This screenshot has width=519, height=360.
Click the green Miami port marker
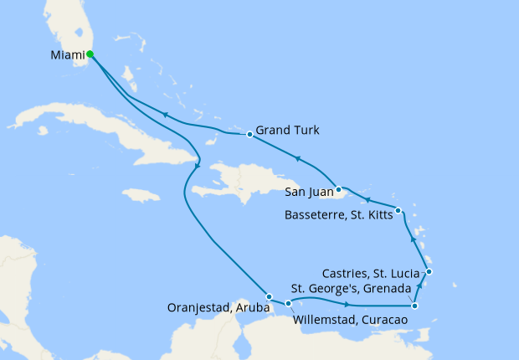click(90, 55)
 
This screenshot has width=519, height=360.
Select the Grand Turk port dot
click(249, 134)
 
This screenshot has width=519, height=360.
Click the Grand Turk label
click(289, 130)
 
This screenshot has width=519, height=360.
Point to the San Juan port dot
click(338, 188)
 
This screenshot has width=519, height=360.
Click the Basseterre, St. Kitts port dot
click(398, 210)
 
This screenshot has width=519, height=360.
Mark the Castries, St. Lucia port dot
click(429, 271)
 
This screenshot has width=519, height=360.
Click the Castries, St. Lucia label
click(373, 273)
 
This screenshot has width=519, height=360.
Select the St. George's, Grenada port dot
click(415, 306)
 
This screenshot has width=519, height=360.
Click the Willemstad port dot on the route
click(288, 304)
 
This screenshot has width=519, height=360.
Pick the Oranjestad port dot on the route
click(268, 296)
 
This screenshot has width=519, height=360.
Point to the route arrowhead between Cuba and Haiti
click(197, 166)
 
